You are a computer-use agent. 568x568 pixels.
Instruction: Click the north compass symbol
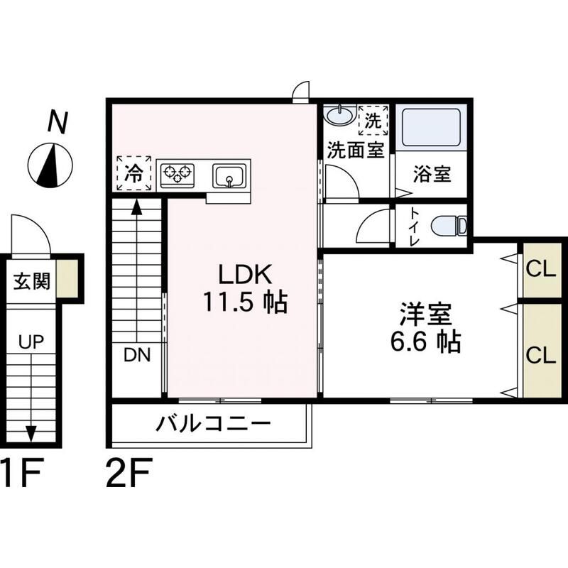point(49,164)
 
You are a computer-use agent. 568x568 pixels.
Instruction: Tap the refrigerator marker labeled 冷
point(133,173)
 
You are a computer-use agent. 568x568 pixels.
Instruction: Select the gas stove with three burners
point(177,173)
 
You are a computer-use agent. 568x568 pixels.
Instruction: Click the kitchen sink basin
point(229,174)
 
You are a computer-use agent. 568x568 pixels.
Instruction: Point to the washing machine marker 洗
point(373,119)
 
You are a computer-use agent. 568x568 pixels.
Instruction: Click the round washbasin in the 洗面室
point(340,114)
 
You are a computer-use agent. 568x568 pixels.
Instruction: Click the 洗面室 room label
point(355,151)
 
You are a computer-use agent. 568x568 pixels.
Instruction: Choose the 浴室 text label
point(432,174)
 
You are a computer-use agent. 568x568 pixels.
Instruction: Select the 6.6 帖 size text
point(426,342)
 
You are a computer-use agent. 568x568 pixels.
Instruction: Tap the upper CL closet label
point(541,270)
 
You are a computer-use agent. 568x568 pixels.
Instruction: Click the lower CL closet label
point(541,356)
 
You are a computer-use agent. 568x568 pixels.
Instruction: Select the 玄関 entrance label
point(32,281)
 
